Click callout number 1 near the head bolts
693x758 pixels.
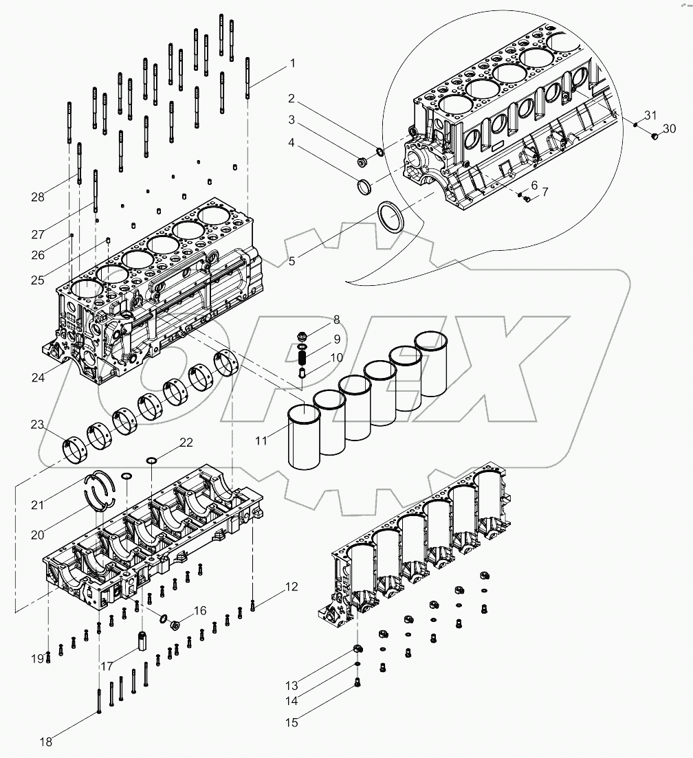pos(292,63)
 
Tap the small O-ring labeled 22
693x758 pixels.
pos(152,460)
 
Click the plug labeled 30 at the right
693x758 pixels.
pos(654,137)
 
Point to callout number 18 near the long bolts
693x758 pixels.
pos(45,742)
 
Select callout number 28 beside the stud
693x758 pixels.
pos(38,197)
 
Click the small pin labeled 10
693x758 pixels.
pos(301,373)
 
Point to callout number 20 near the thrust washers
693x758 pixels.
pos(38,535)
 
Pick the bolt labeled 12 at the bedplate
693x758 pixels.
pos(254,605)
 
